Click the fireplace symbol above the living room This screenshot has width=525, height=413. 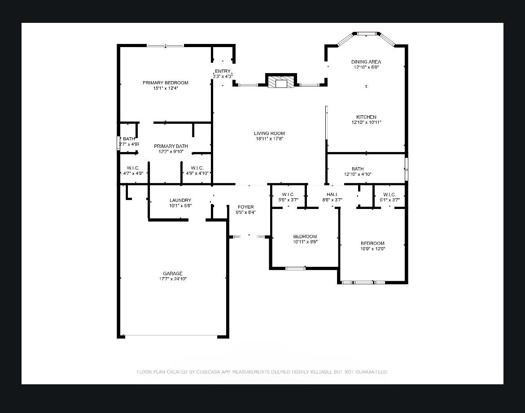pyautogui.click(x=281, y=82)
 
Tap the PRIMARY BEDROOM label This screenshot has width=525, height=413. pyautogui.click(x=165, y=83)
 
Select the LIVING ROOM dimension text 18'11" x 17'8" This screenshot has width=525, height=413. pyautogui.click(x=269, y=139)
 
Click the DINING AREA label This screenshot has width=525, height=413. pyautogui.click(x=366, y=62)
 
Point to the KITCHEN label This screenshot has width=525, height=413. pyautogui.click(x=366, y=117)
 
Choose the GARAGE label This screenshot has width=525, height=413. pyautogui.click(x=173, y=274)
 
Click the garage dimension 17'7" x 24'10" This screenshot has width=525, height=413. pyautogui.click(x=173, y=279)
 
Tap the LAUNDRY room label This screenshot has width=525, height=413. pyautogui.click(x=180, y=200)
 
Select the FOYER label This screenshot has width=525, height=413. pyautogui.click(x=245, y=207)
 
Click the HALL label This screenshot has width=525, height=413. pyautogui.click(x=332, y=195)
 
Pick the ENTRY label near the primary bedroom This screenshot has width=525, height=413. pyautogui.click(x=223, y=71)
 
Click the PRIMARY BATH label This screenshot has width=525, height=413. pyautogui.click(x=171, y=146)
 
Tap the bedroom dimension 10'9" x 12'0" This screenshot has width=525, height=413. pyautogui.click(x=373, y=249)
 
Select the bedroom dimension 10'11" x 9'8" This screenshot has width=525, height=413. pyautogui.click(x=305, y=242)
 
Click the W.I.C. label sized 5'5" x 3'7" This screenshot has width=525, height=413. pyautogui.click(x=288, y=195)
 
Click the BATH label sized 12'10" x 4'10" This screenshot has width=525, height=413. pyautogui.click(x=358, y=169)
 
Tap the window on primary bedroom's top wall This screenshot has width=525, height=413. pyautogui.click(x=166, y=45)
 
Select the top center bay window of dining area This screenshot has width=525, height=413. pyautogui.click(x=366, y=33)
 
